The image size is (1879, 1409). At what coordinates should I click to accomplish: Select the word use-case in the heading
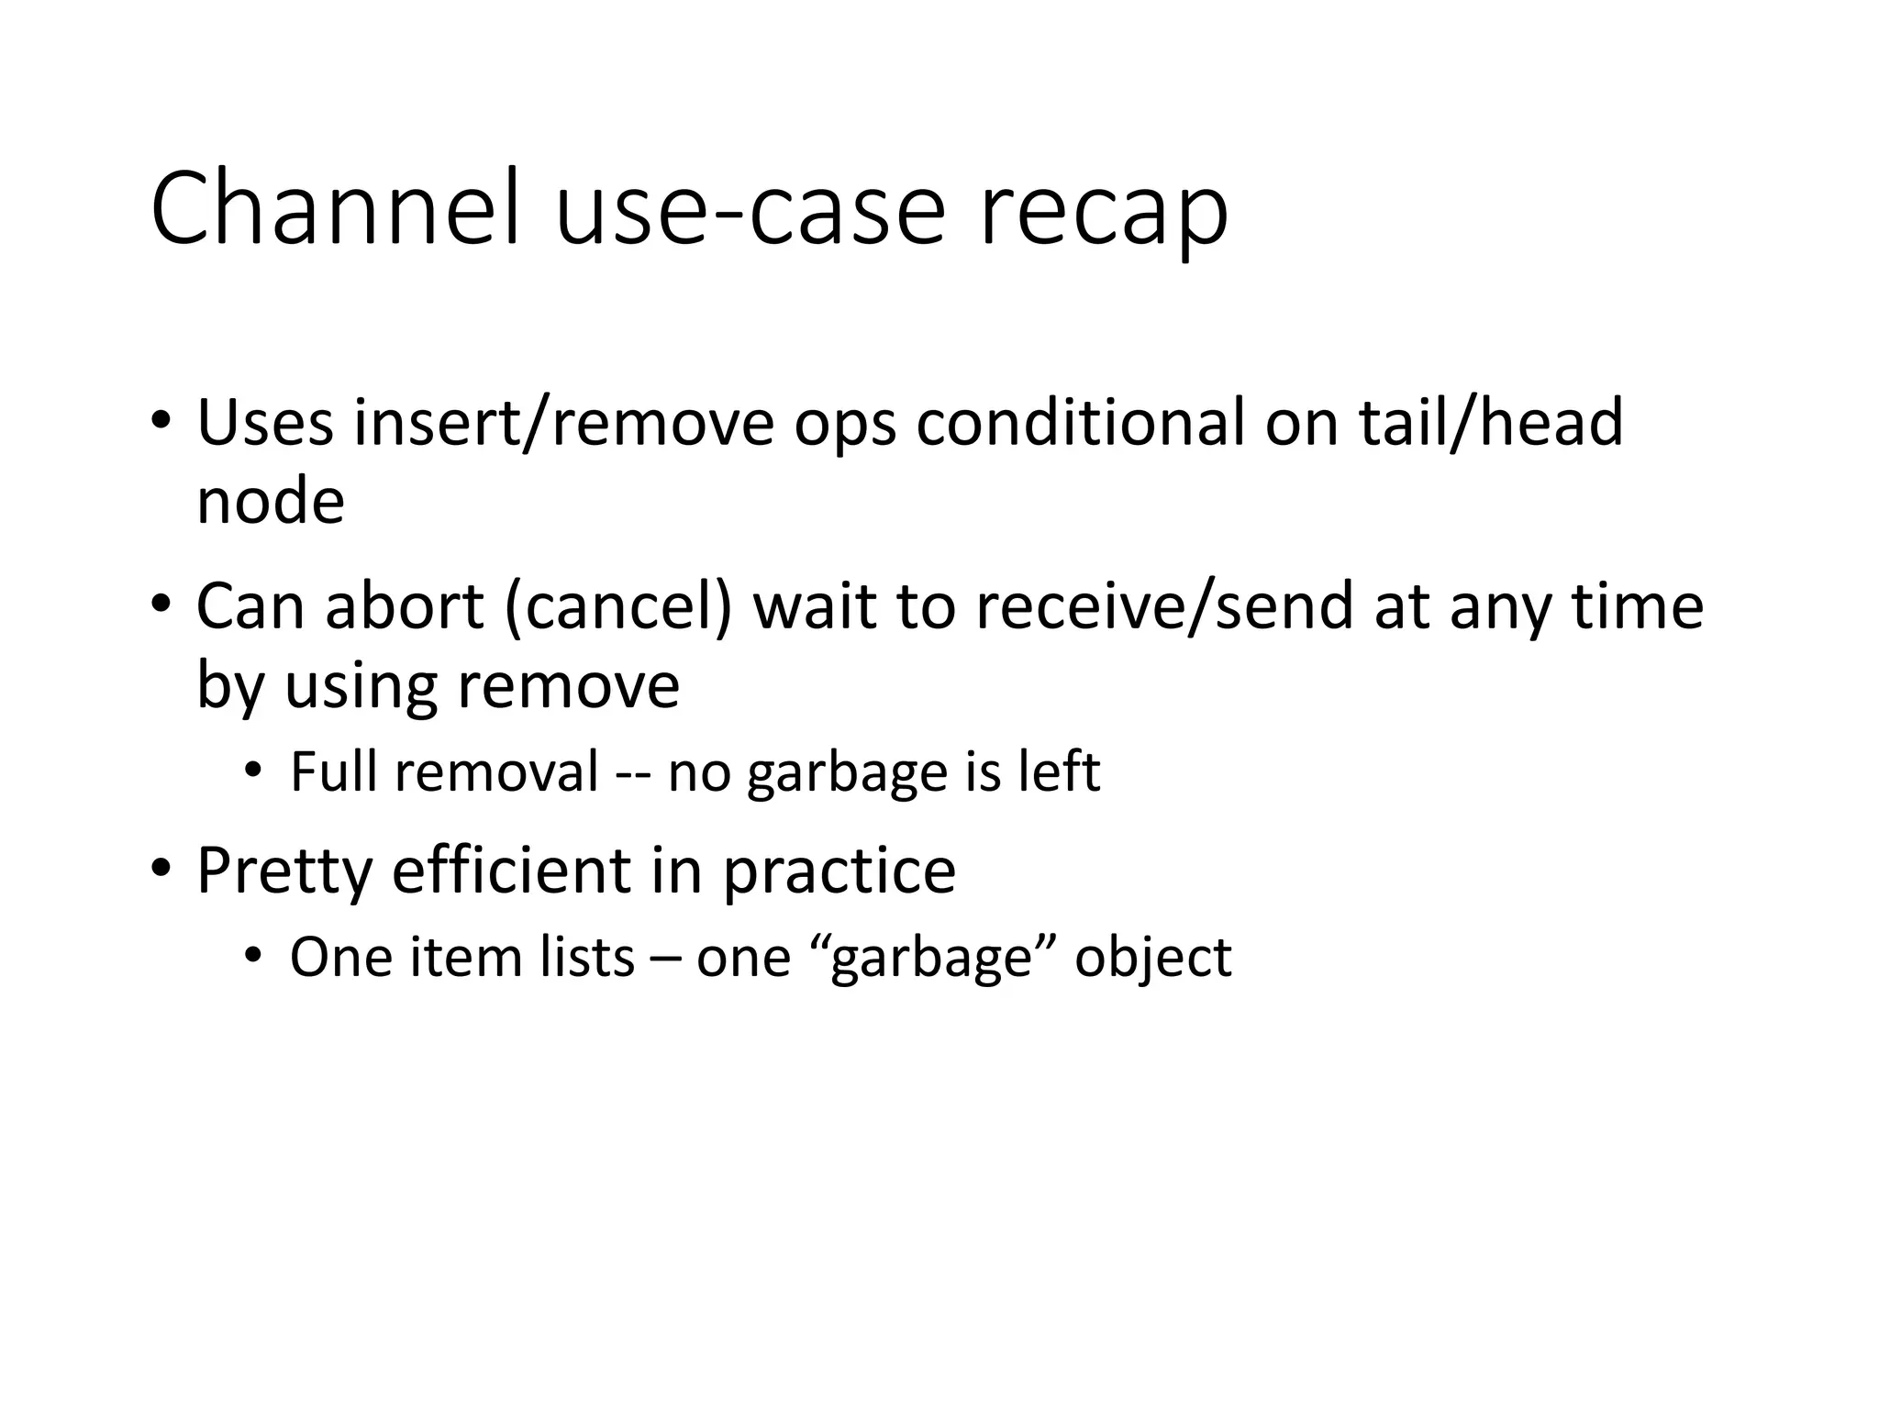coord(750,209)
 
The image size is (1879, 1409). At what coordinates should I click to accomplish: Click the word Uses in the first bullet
coord(265,423)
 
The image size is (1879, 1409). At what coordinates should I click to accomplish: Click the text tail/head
coord(1491,423)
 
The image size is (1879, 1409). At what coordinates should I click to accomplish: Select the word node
coord(271,503)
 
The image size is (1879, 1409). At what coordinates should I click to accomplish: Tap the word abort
coord(405,607)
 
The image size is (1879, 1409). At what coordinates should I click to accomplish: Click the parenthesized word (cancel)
coord(618,609)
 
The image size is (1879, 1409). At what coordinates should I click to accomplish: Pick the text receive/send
coord(1164,607)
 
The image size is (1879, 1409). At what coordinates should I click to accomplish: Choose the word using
coord(361,688)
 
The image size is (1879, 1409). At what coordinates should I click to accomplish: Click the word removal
coord(497,771)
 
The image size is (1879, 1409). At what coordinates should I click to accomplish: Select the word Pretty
coord(284,871)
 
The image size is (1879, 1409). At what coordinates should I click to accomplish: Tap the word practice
coord(839,872)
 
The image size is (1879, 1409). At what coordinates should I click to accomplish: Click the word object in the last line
coord(1153,960)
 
